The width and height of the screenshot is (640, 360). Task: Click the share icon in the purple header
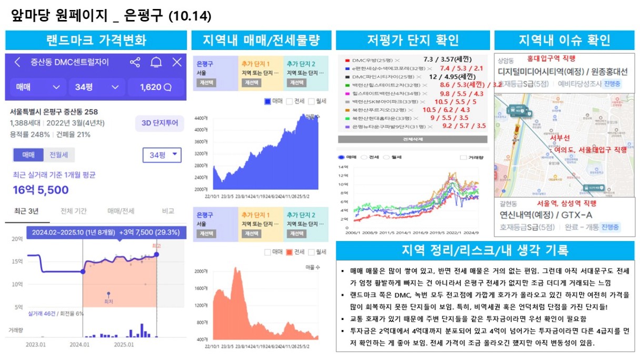[x=135, y=62]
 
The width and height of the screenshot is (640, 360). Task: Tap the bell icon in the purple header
[x=156, y=62]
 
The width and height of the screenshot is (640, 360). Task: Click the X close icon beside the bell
[x=177, y=62]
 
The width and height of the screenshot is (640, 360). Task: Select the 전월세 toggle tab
[x=58, y=155]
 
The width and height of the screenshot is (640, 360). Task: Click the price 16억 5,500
[x=41, y=190]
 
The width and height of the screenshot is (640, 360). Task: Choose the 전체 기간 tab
[x=74, y=211]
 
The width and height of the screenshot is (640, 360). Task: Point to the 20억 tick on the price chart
[x=18, y=239]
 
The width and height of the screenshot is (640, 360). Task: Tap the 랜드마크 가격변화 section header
[x=96, y=40]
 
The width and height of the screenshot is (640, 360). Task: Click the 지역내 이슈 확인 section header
[x=564, y=40]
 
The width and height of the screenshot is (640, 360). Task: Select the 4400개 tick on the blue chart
[x=202, y=117]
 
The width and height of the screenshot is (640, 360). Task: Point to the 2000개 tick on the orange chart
[x=202, y=271]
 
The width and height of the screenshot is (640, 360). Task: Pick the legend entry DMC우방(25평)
[x=369, y=61]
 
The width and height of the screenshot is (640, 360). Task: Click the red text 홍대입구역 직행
[x=551, y=58]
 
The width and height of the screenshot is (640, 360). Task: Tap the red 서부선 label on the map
[x=559, y=138]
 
